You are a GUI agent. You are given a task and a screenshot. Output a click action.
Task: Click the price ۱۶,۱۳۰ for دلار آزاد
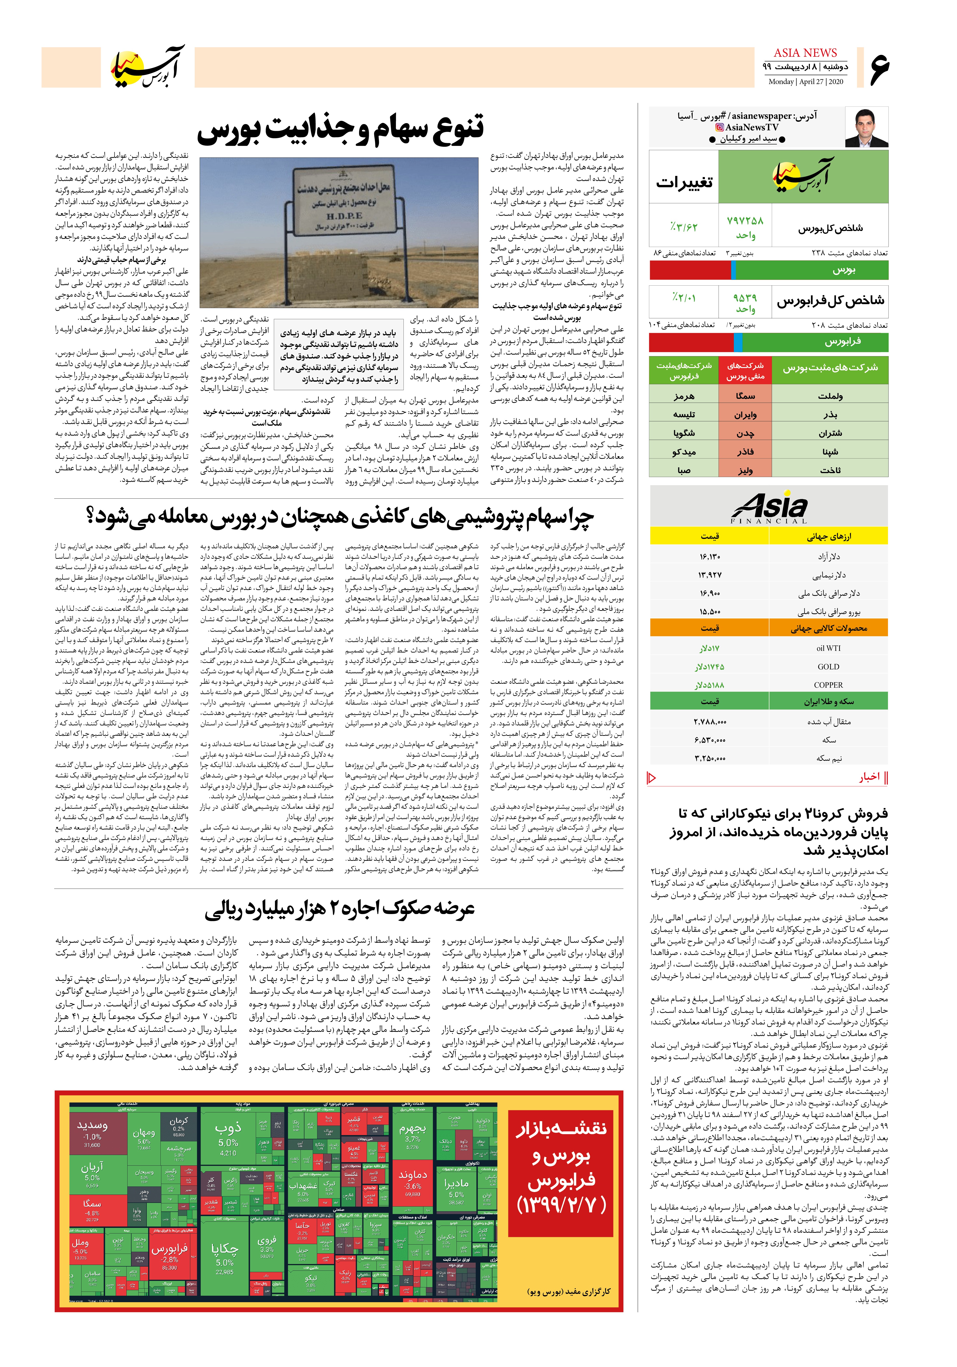(x=710, y=557)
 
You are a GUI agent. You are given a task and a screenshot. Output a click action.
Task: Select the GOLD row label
(x=828, y=667)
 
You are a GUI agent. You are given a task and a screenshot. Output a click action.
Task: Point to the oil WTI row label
(x=828, y=648)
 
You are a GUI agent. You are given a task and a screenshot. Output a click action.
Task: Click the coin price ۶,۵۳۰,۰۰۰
(x=710, y=740)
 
